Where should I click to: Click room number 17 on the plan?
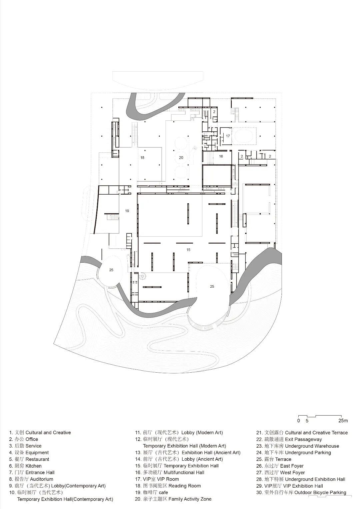(228, 136)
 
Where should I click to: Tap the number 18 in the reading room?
(142, 157)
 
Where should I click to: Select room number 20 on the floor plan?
(181, 157)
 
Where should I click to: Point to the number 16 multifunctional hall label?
(221, 156)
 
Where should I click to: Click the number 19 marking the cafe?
(127, 211)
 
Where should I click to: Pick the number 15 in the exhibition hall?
(188, 250)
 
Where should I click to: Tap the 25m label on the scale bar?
(343, 421)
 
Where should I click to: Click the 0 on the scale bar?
(299, 421)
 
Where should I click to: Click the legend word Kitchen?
(33, 466)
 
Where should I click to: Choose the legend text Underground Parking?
(308, 452)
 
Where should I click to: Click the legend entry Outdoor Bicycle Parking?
(320, 492)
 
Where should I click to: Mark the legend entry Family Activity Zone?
(190, 499)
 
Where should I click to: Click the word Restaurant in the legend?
(37, 459)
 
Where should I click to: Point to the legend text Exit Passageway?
(303, 439)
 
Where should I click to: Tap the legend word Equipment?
(37, 452)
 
